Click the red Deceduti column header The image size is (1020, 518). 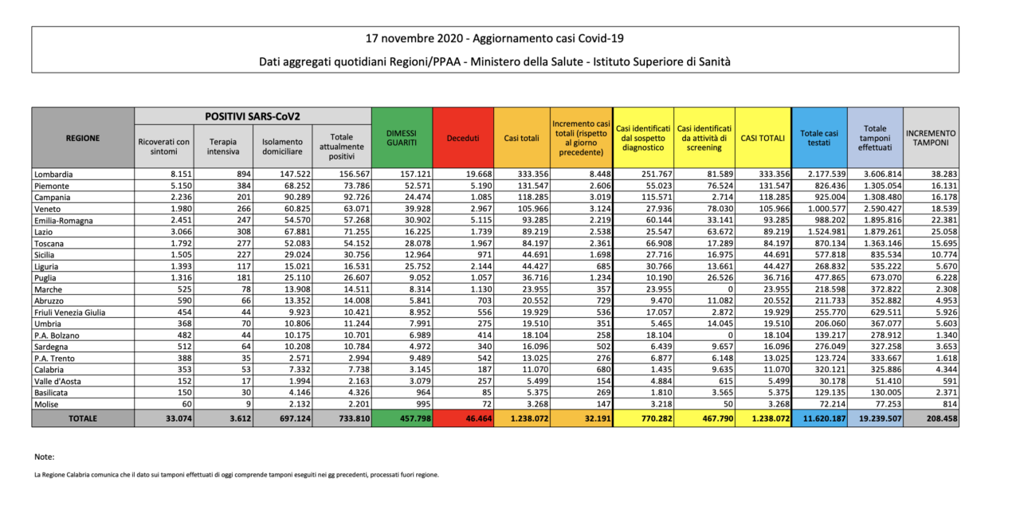[x=463, y=138]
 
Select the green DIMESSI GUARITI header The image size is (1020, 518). [x=402, y=138]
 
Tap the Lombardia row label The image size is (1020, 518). [x=53, y=175]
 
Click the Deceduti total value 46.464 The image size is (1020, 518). [x=479, y=418]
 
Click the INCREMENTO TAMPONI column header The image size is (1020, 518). [x=931, y=138]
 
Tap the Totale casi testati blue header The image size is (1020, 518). [x=819, y=138]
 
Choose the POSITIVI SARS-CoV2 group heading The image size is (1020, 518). [x=253, y=116]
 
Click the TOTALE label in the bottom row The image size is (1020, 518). [x=82, y=418]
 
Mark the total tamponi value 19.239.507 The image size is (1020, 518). [x=881, y=418]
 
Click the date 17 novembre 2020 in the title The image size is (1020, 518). [x=414, y=38]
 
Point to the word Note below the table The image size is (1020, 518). [x=44, y=457]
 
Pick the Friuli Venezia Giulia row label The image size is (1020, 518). [x=69, y=312]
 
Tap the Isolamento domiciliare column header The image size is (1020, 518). [x=282, y=147]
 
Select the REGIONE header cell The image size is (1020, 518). [x=82, y=138]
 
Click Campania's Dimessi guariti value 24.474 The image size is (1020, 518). [x=417, y=198]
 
